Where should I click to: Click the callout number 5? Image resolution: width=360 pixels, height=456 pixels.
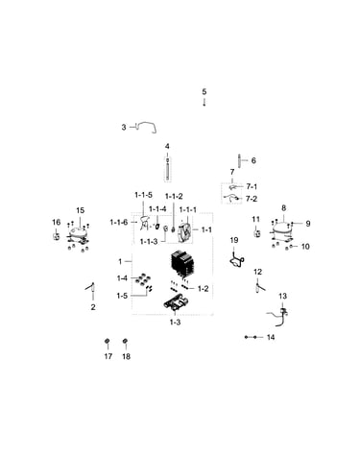pyautogui.click(x=204, y=92)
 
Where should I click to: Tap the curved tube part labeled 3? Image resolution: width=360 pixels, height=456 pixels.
pyautogui.click(x=146, y=127)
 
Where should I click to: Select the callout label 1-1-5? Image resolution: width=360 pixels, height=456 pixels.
pyautogui.click(x=143, y=195)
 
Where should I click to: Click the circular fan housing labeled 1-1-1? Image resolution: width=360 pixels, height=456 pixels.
pyautogui.click(x=184, y=230)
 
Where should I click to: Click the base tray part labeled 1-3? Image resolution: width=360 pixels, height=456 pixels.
pyautogui.click(x=177, y=302)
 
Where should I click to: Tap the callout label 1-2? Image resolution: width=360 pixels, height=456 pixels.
pyautogui.click(x=203, y=289)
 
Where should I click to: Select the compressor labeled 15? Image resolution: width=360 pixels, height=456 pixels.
pyautogui.click(x=78, y=235)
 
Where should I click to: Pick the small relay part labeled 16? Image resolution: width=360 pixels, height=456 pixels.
pyautogui.click(x=57, y=237)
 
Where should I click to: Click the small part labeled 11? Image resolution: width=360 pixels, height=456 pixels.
pyautogui.click(x=256, y=232)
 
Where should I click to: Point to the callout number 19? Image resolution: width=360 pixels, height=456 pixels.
pyautogui.click(x=234, y=240)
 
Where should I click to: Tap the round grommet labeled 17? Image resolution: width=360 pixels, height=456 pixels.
pyautogui.click(x=108, y=341)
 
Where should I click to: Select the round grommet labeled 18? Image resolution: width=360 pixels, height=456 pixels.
pyautogui.click(x=126, y=341)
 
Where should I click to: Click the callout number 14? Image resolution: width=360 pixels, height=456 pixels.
pyautogui.click(x=271, y=337)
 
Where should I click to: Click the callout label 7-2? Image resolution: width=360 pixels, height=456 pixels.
pyautogui.click(x=252, y=199)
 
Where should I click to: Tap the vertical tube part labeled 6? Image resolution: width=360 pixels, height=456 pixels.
pyautogui.click(x=239, y=160)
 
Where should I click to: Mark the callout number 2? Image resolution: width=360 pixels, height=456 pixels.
pyautogui.click(x=93, y=307)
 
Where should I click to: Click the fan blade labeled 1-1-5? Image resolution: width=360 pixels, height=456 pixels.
pyautogui.click(x=145, y=223)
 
